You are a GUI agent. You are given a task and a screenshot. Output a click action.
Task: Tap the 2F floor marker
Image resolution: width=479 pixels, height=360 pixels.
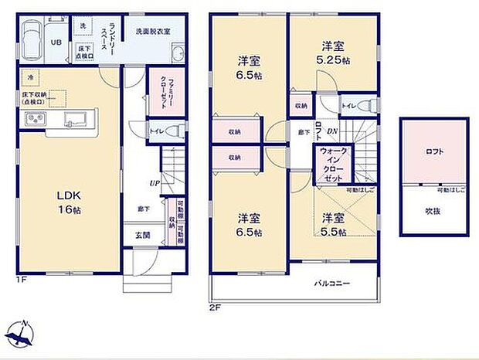pyautogui.click(x=216, y=307)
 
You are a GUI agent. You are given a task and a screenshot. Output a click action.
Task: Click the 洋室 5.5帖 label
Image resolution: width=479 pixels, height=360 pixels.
pyautogui.click(x=334, y=223)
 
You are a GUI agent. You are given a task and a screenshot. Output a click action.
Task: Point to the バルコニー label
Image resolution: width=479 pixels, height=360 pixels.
pyautogui.click(x=332, y=284)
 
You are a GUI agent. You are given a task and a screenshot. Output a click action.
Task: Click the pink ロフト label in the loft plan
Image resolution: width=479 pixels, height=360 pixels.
pyautogui.click(x=434, y=152)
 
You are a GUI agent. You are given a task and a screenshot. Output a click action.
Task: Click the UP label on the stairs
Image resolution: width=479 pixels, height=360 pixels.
pyautogui.click(x=155, y=183)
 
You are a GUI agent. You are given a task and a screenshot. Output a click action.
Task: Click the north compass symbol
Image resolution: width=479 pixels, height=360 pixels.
pyautogui.click(x=22, y=335)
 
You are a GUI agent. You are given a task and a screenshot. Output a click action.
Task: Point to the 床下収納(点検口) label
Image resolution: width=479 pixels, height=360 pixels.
pyautogui.click(x=34, y=98)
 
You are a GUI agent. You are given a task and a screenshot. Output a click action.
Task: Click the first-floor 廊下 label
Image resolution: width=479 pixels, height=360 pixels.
pyautogui.click(x=144, y=209)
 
